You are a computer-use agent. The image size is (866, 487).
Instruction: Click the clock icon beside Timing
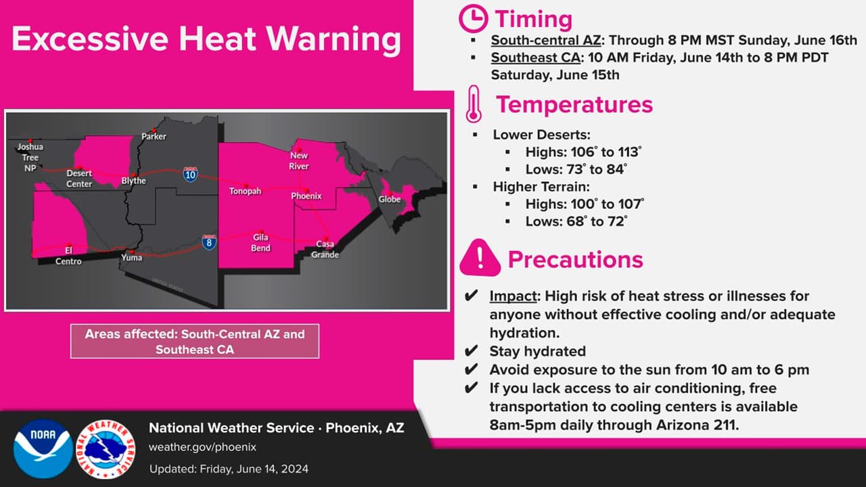click(x=473, y=19)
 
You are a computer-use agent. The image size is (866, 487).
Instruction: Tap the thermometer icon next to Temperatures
click(x=474, y=104)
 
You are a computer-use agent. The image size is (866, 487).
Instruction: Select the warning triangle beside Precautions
click(x=480, y=258)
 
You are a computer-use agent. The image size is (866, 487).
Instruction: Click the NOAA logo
click(x=43, y=448)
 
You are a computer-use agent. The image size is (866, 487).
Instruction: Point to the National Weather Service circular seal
click(x=106, y=448)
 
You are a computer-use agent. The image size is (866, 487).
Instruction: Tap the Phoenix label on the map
click(x=306, y=196)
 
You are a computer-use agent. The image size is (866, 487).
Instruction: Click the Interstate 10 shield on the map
click(x=191, y=175)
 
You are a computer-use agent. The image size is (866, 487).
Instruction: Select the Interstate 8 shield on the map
click(x=209, y=242)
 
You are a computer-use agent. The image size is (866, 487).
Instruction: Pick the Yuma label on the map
click(x=132, y=258)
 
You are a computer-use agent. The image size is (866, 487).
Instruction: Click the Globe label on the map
click(x=390, y=199)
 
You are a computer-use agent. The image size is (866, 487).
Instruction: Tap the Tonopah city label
click(x=245, y=191)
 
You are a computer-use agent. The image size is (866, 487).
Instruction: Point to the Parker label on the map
click(x=154, y=137)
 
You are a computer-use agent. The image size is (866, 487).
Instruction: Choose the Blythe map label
click(x=133, y=181)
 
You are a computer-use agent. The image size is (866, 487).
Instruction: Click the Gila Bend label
click(x=260, y=242)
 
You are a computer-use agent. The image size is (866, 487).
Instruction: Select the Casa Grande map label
click(x=325, y=250)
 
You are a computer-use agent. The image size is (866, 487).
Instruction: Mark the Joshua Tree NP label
click(x=30, y=157)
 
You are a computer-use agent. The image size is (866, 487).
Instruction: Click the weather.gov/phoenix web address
click(x=202, y=447)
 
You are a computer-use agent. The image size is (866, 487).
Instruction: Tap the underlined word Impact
click(x=514, y=296)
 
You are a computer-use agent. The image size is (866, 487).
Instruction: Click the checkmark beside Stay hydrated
click(x=471, y=351)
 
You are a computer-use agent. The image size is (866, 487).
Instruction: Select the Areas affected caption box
click(x=194, y=342)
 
